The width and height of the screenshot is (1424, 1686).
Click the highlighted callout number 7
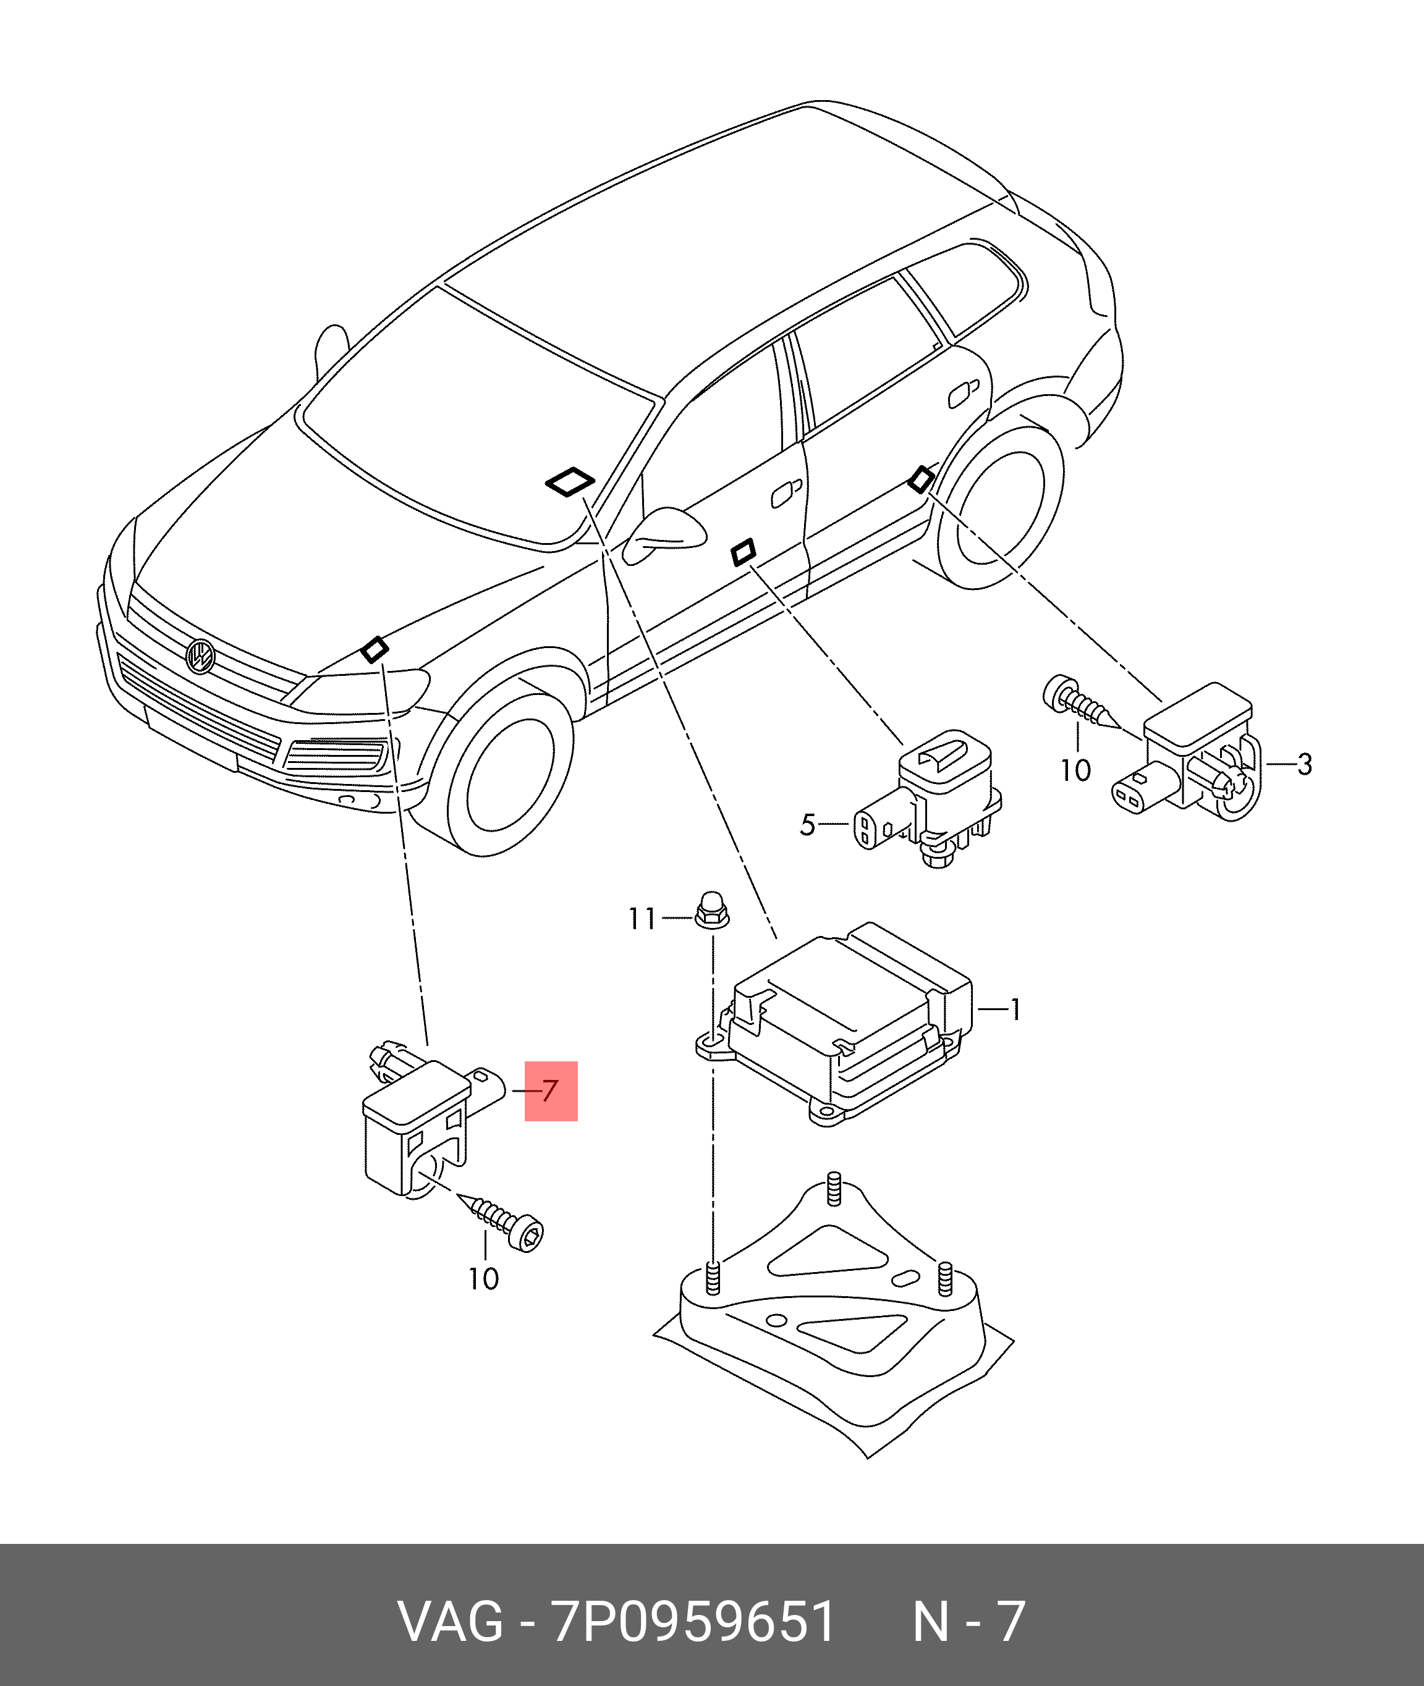pyautogui.click(x=551, y=1091)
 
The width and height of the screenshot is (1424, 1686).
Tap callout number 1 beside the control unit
pyautogui.click(x=1015, y=1009)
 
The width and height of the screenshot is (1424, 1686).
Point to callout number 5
pyautogui.click(x=807, y=825)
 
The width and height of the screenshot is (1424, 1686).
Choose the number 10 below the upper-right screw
pyautogui.click(x=1075, y=771)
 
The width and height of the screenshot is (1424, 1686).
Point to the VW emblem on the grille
pyautogui.click(x=200, y=656)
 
